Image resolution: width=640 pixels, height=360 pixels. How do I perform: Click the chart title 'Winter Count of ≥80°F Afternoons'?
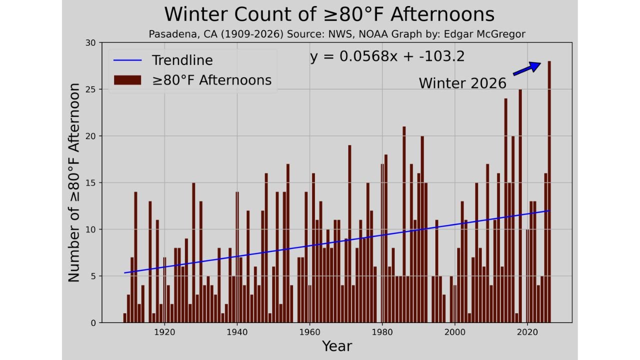[329, 14]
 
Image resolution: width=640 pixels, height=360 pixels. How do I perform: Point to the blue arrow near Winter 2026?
[527, 68]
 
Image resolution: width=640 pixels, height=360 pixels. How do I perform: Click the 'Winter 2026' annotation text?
[462, 83]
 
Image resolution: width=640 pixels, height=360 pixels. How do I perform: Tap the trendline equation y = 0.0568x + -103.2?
[387, 56]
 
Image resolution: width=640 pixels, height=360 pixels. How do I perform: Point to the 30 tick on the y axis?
[90, 42]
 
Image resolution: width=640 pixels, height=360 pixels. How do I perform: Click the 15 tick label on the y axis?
[90, 182]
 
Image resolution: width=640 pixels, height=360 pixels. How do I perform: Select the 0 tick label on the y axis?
[92, 323]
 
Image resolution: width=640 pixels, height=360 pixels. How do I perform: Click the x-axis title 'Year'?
[337, 346]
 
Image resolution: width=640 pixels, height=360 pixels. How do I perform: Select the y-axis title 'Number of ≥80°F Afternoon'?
[74, 182]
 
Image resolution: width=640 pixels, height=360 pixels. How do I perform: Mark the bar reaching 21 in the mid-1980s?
[404, 225]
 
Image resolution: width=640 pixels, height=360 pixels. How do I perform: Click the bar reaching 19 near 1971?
[349, 234]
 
